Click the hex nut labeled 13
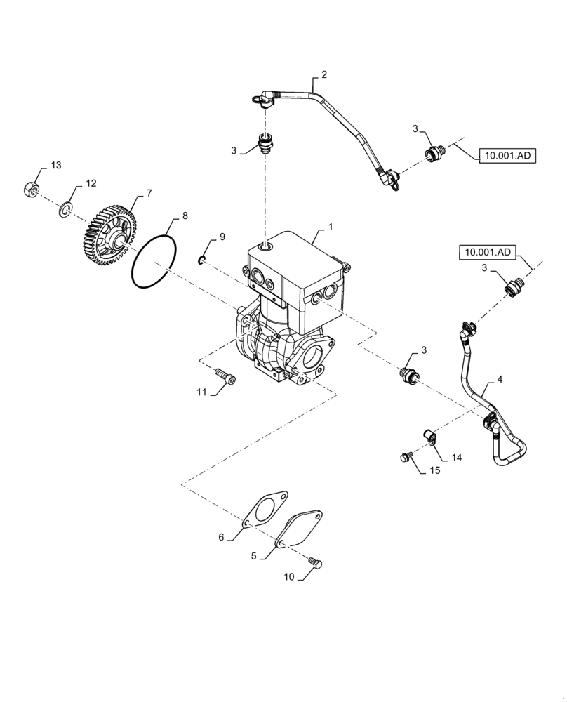(x=30, y=189)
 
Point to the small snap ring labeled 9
(x=201, y=261)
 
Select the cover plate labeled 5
(x=300, y=531)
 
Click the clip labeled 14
(x=429, y=435)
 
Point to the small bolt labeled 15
(x=405, y=458)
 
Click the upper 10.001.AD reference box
(x=507, y=156)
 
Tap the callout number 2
(x=324, y=74)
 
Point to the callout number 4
(x=500, y=379)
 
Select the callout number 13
(x=55, y=166)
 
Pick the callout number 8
(x=185, y=216)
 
